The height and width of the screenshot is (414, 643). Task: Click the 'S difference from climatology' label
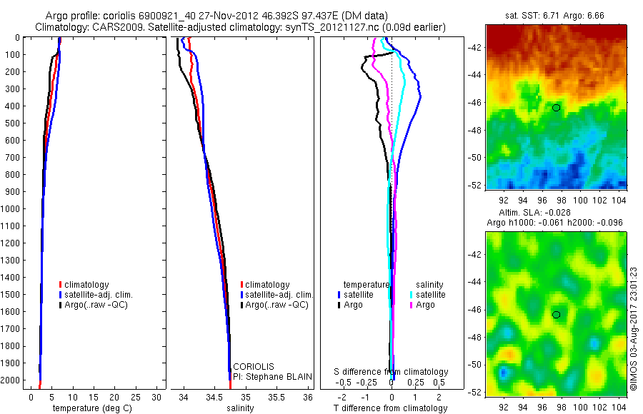click(x=392, y=372)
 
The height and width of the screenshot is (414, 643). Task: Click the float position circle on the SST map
click(x=556, y=107)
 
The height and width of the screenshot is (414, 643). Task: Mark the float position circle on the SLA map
click(x=556, y=314)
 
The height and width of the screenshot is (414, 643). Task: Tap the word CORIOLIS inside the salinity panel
click(x=253, y=366)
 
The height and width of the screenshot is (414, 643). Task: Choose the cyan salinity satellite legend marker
click(x=412, y=294)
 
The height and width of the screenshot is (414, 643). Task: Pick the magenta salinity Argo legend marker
click(x=412, y=305)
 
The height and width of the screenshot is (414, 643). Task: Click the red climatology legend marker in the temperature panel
click(x=60, y=284)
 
